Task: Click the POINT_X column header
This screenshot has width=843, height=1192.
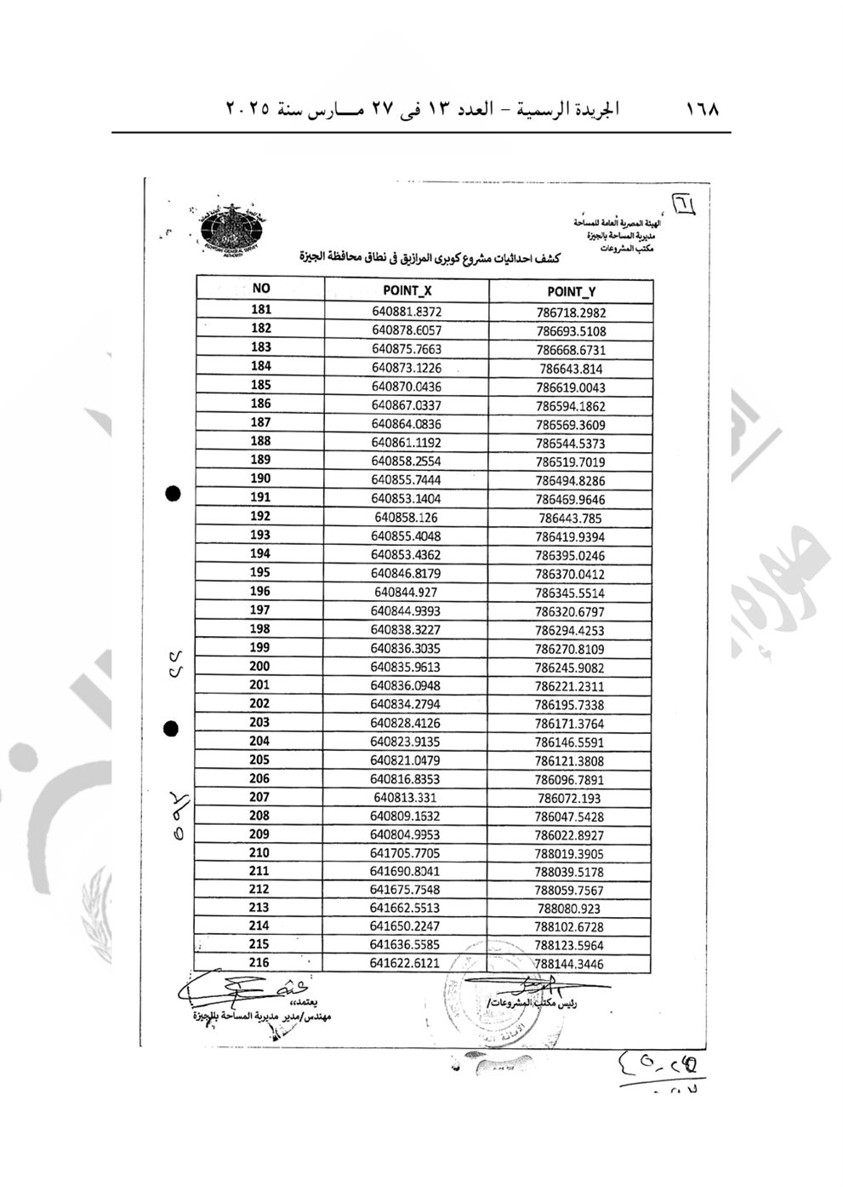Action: (407, 289)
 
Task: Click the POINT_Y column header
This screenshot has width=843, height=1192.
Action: (571, 292)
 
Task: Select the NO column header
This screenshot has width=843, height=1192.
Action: (261, 289)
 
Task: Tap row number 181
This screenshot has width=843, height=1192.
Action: (261, 310)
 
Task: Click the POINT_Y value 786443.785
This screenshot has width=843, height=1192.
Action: (570, 518)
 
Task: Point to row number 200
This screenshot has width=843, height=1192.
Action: (259, 667)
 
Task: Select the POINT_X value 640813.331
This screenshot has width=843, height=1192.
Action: (405, 798)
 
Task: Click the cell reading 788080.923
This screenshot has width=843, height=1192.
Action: (568, 908)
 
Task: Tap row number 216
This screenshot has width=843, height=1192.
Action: (259, 963)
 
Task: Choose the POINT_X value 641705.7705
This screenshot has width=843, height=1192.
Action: (405, 853)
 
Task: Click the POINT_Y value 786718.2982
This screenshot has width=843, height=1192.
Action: (572, 312)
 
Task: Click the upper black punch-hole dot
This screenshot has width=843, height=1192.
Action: (173, 494)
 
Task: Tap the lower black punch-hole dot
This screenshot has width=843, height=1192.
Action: (171, 728)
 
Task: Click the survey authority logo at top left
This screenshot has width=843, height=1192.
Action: (233, 228)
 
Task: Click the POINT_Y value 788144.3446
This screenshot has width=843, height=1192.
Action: (568, 965)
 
